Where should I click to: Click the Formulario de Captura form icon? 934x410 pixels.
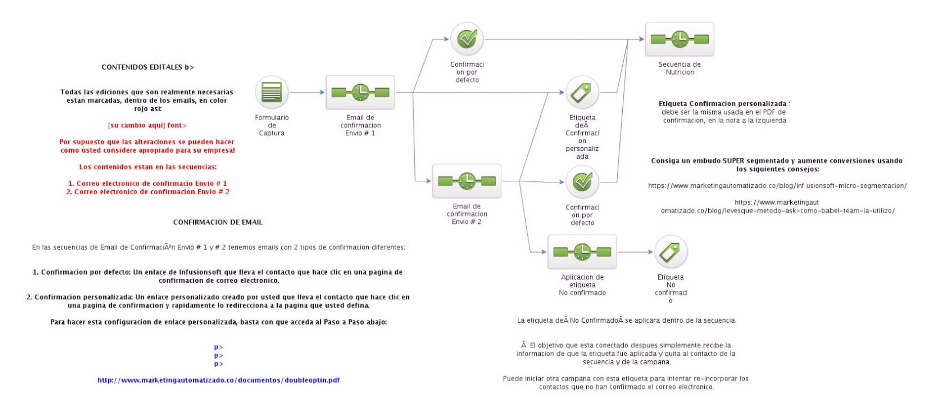click(x=271, y=92)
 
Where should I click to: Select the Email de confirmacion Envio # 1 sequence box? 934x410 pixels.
click(x=360, y=92)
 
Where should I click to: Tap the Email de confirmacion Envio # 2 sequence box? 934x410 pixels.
click(x=467, y=181)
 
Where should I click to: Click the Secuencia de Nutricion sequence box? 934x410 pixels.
click(x=679, y=39)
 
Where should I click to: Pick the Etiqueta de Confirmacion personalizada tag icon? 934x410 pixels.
click(x=582, y=92)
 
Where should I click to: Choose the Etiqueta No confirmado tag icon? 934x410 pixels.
click(x=670, y=252)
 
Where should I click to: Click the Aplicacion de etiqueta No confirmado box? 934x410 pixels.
click(x=582, y=252)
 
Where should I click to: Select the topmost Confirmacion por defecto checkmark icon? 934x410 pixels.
click(x=467, y=39)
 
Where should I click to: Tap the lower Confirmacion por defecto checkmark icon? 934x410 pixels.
click(x=582, y=182)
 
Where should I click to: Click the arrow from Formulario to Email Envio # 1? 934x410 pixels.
click(x=307, y=92)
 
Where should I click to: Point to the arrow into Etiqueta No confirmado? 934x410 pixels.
click(x=636, y=252)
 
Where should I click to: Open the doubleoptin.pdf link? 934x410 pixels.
click(x=219, y=380)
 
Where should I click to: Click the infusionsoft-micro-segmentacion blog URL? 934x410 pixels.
click(x=777, y=186)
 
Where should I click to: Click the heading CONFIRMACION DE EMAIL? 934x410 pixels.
click(x=218, y=222)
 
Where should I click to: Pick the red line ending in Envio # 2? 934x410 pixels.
click(x=148, y=192)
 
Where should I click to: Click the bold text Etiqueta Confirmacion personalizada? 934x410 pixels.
click(x=722, y=104)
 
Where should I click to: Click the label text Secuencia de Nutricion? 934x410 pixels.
click(x=679, y=68)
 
